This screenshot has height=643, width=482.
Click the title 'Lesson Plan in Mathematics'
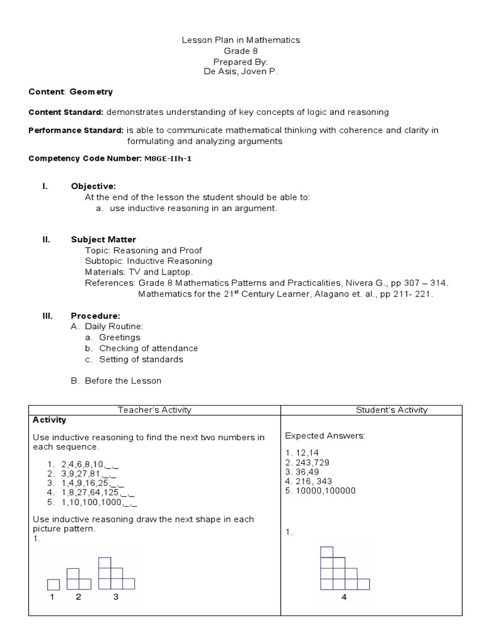click(x=241, y=40)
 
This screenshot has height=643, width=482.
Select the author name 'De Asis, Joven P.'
click(x=241, y=72)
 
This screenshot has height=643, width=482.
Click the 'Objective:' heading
click(x=94, y=186)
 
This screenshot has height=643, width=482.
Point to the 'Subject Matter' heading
click(x=104, y=239)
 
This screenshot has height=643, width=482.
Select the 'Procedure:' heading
click(x=95, y=315)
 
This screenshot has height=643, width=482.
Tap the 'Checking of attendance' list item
click(x=148, y=348)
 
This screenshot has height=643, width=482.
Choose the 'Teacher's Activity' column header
click(x=154, y=410)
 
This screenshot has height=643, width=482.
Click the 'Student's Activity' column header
click(x=391, y=410)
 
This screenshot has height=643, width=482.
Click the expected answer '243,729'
click(x=309, y=462)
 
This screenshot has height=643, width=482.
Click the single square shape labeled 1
click(x=53, y=584)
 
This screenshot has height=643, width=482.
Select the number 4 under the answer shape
click(x=344, y=597)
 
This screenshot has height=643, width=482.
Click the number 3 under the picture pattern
click(x=116, y=597)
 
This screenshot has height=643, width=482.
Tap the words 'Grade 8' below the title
click(x=241, y=50)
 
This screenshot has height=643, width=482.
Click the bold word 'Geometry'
click(x=91, y=92)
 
